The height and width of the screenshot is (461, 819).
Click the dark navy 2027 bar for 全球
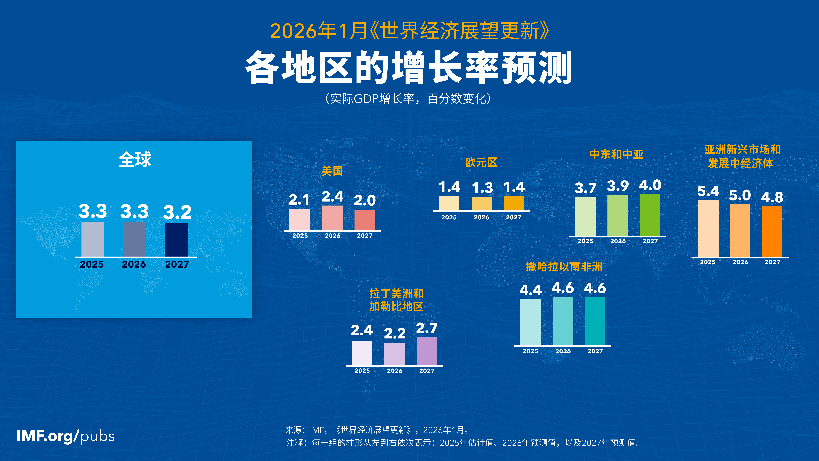[176, 240]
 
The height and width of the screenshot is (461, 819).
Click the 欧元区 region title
[481, 162]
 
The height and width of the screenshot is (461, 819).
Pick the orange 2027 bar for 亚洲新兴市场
[772, 232]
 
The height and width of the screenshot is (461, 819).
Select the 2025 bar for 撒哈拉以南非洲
[530, 322]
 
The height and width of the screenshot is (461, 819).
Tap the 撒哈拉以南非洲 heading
[564, 267]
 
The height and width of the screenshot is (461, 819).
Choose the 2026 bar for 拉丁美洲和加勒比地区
[395, 354]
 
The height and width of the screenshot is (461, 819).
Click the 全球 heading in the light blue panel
[135, 159]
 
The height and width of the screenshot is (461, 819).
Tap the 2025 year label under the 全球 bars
[92, 264]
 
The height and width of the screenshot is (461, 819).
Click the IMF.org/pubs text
[66, 436]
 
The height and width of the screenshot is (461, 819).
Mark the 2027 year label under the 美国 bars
[365, 236]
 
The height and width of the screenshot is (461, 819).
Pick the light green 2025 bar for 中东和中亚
[585, 217]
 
